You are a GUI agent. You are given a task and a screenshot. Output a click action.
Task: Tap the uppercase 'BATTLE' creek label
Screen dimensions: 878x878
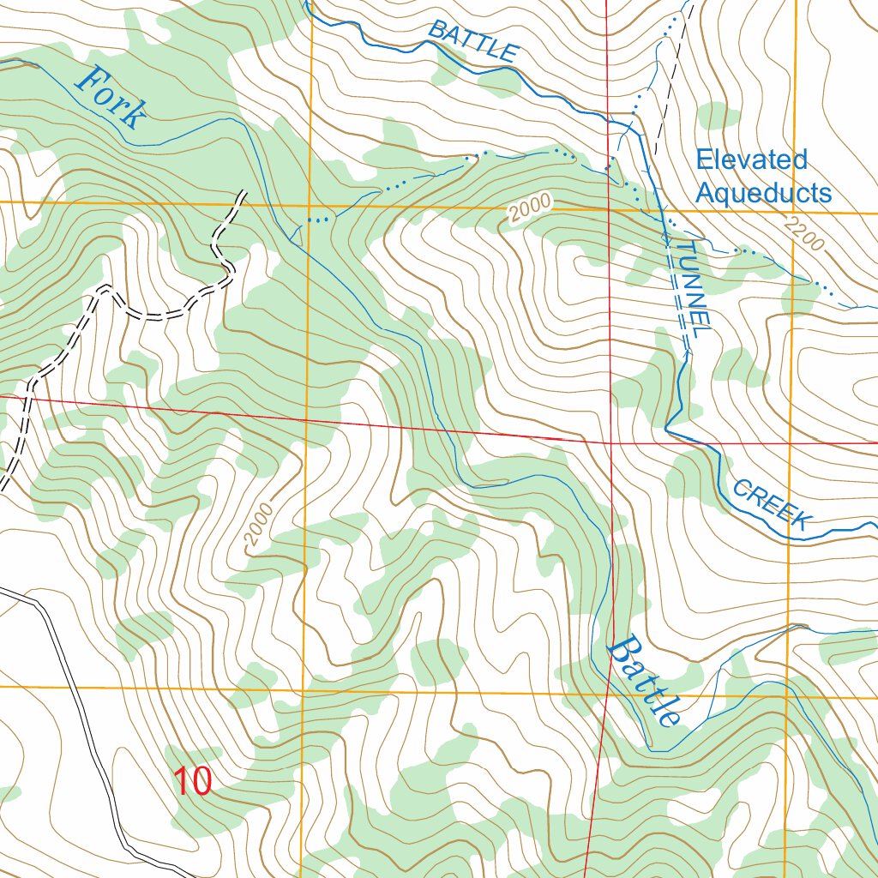pos(472,40)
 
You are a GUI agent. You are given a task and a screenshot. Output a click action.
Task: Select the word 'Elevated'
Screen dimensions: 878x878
pos(751,159)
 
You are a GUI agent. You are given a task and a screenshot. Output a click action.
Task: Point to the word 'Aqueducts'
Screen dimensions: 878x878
pos(763,193)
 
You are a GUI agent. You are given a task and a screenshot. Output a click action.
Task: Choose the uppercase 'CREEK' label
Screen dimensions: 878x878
pos(773,505)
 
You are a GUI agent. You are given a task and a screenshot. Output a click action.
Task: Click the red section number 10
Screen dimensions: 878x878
pos(193,781)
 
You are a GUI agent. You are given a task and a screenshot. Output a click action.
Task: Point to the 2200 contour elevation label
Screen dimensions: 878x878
pos(803,234)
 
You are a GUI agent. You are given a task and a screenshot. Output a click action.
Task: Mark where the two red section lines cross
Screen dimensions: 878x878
pos(610,441)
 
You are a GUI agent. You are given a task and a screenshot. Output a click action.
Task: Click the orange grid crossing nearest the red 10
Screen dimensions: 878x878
pos(304,689)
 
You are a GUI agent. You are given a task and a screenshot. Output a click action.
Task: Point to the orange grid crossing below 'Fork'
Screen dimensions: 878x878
pos(310,206)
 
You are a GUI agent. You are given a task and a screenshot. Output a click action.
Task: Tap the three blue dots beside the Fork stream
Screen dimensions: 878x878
pos(318,220)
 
